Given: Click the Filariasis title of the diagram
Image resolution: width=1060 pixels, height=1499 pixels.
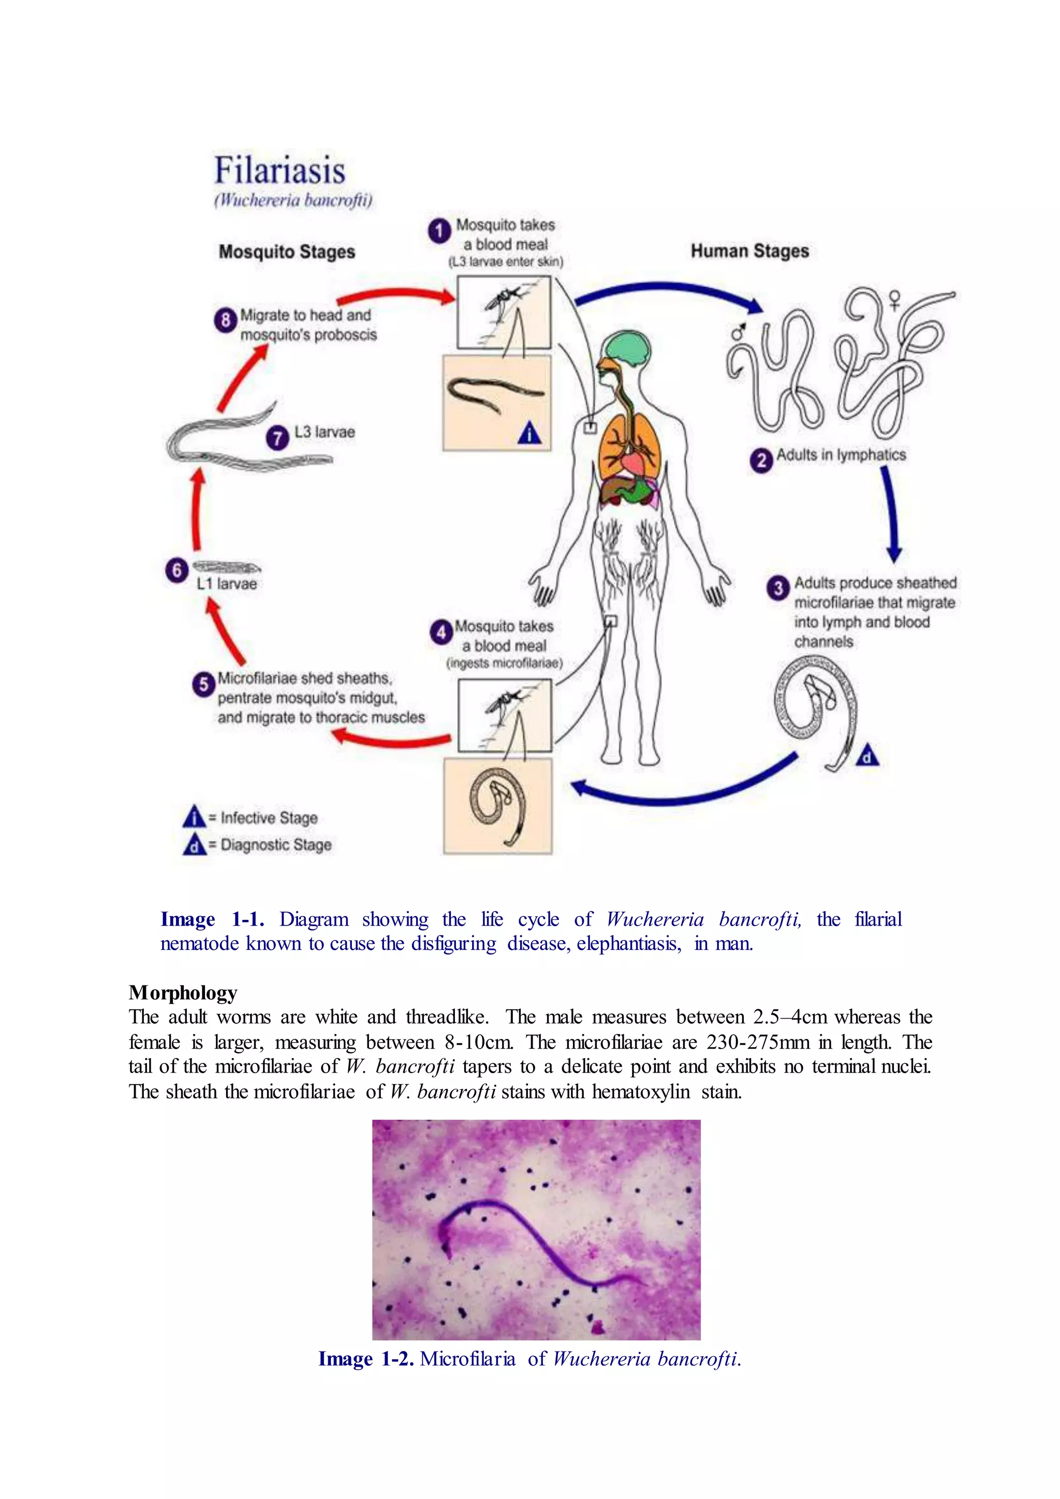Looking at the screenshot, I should [x=280, y=170].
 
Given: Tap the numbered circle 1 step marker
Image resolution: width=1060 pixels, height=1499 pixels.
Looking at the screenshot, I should [x=439, y=230].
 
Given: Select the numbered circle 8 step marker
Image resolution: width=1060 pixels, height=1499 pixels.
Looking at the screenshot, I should [x=225, y=320].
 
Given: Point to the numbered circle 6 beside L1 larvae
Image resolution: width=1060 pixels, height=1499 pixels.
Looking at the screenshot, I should [x=176, y=570].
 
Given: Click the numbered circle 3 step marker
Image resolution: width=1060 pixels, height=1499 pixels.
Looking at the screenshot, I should [x=777, y=587].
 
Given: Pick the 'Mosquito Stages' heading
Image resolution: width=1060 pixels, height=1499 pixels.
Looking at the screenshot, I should [x=287, y=252].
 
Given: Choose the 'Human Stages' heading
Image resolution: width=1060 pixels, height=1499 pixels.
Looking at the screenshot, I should [x=749, y=252].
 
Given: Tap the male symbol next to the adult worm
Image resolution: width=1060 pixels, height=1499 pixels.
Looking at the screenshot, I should [x=738, y=332].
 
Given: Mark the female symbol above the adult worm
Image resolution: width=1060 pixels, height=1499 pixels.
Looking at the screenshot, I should [x=894, y=300].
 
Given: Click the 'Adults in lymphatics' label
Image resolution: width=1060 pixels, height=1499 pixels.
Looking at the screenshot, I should [x=841, y=455].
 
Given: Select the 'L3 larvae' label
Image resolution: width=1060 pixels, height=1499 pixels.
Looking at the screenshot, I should [x=325, y=432].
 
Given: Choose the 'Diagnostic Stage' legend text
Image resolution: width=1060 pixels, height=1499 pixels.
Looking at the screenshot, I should [x=276, y=845].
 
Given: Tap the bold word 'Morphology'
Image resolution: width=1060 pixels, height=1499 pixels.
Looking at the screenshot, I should [x=183, y=993].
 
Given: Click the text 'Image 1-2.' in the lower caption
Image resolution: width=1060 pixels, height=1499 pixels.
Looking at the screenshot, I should [x=365, y=1359].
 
